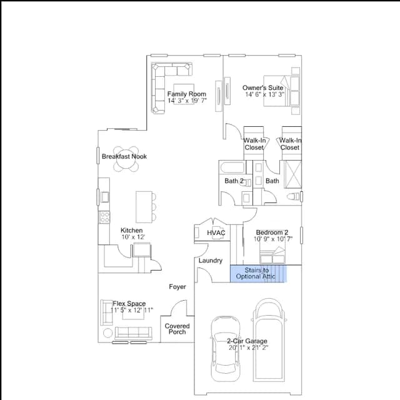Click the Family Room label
tap(186, 94)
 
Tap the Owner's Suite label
tap(262, 87)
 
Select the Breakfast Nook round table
tap(126, 159)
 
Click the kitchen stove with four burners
tap(104, 217)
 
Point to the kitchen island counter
tap(144, 207)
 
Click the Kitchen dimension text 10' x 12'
tap(133, 237)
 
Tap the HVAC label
tap(216, 232)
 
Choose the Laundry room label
tap(211, 261)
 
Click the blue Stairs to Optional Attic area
tap(258, 274)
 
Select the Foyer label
tap(177, 287)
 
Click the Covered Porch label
tap(177, 329)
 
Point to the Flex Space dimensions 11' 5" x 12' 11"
tap(132, 310)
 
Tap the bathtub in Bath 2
tap(232, 167)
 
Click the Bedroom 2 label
tap(272, 232)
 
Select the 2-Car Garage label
tap(247, 341)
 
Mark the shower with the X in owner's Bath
tap(293, 174)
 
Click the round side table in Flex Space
tap(107, 333)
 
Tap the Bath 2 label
tap(234, 181)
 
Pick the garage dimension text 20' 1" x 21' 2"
tap(248, 347)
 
